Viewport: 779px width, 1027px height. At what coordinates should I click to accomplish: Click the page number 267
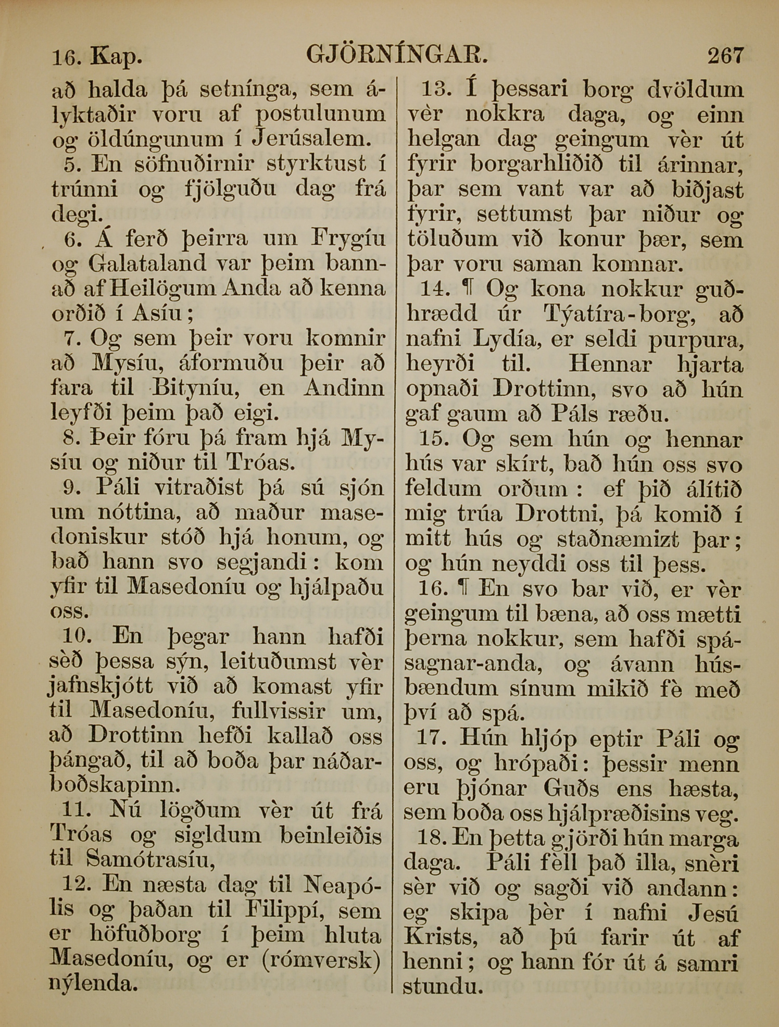point(725,55)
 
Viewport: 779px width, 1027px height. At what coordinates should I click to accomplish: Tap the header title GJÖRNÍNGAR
point(397,54)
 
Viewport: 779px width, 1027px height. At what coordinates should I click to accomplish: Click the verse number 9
point(70,488)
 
